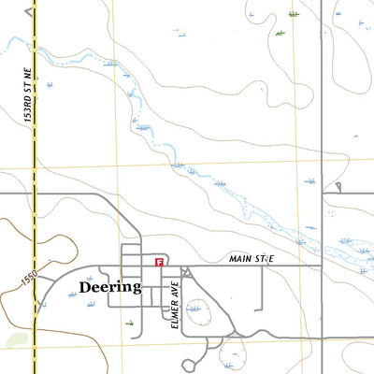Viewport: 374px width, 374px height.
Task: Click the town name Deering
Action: [110, 287]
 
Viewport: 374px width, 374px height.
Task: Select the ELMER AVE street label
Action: [175, 307]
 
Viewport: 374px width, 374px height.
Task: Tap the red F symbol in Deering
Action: [160, 264]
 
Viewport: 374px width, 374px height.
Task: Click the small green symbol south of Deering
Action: [129, 322]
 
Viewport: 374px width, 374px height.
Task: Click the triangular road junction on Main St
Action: [185, 271]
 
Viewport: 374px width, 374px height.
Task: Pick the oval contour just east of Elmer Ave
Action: [195, 307]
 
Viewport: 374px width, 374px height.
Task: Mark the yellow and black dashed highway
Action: [36, 187]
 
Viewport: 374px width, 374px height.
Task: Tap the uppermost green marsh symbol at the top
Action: [294, 14]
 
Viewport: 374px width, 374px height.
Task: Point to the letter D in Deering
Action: [86, 287]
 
